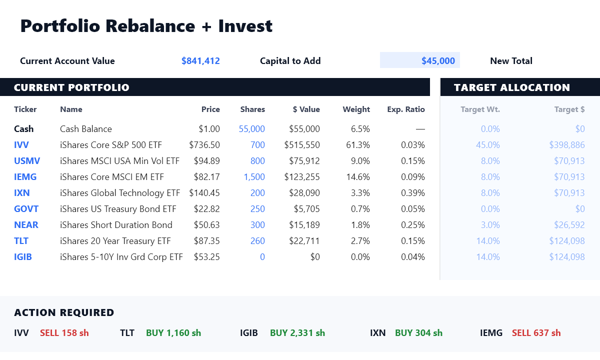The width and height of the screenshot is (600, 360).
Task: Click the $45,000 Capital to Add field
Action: point(419,60)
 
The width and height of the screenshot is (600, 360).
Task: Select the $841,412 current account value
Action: point(200,61)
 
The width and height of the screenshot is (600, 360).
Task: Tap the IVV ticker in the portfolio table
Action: point(21,145)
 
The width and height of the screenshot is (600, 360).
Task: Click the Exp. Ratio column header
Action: point(406,109)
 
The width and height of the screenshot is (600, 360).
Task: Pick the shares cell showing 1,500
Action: point(254,177)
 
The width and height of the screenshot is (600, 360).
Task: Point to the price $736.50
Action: point(204,145)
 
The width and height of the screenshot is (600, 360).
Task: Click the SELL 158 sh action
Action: point(64,333)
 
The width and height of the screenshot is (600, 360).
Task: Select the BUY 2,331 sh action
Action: point(297,333)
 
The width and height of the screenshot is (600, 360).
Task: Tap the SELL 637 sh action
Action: point(536,333)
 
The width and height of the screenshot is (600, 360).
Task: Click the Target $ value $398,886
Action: point(567,145)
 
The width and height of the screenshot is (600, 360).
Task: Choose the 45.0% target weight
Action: point(488,145)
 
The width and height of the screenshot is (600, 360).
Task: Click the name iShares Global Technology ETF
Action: point(120,193)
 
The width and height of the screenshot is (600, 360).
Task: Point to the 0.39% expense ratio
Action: point(413,193)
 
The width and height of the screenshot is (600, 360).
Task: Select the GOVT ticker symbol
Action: point(26,209)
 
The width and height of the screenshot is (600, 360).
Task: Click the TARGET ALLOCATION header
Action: point(512,87)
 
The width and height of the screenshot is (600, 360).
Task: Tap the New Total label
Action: point(511,61)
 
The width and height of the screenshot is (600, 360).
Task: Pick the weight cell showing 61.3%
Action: point(358,145)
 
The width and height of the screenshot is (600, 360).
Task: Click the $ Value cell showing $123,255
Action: point(302,177)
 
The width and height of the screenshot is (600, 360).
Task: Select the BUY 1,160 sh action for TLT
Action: point(173,333)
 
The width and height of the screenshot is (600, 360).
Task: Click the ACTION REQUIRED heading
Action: point(64,312)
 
